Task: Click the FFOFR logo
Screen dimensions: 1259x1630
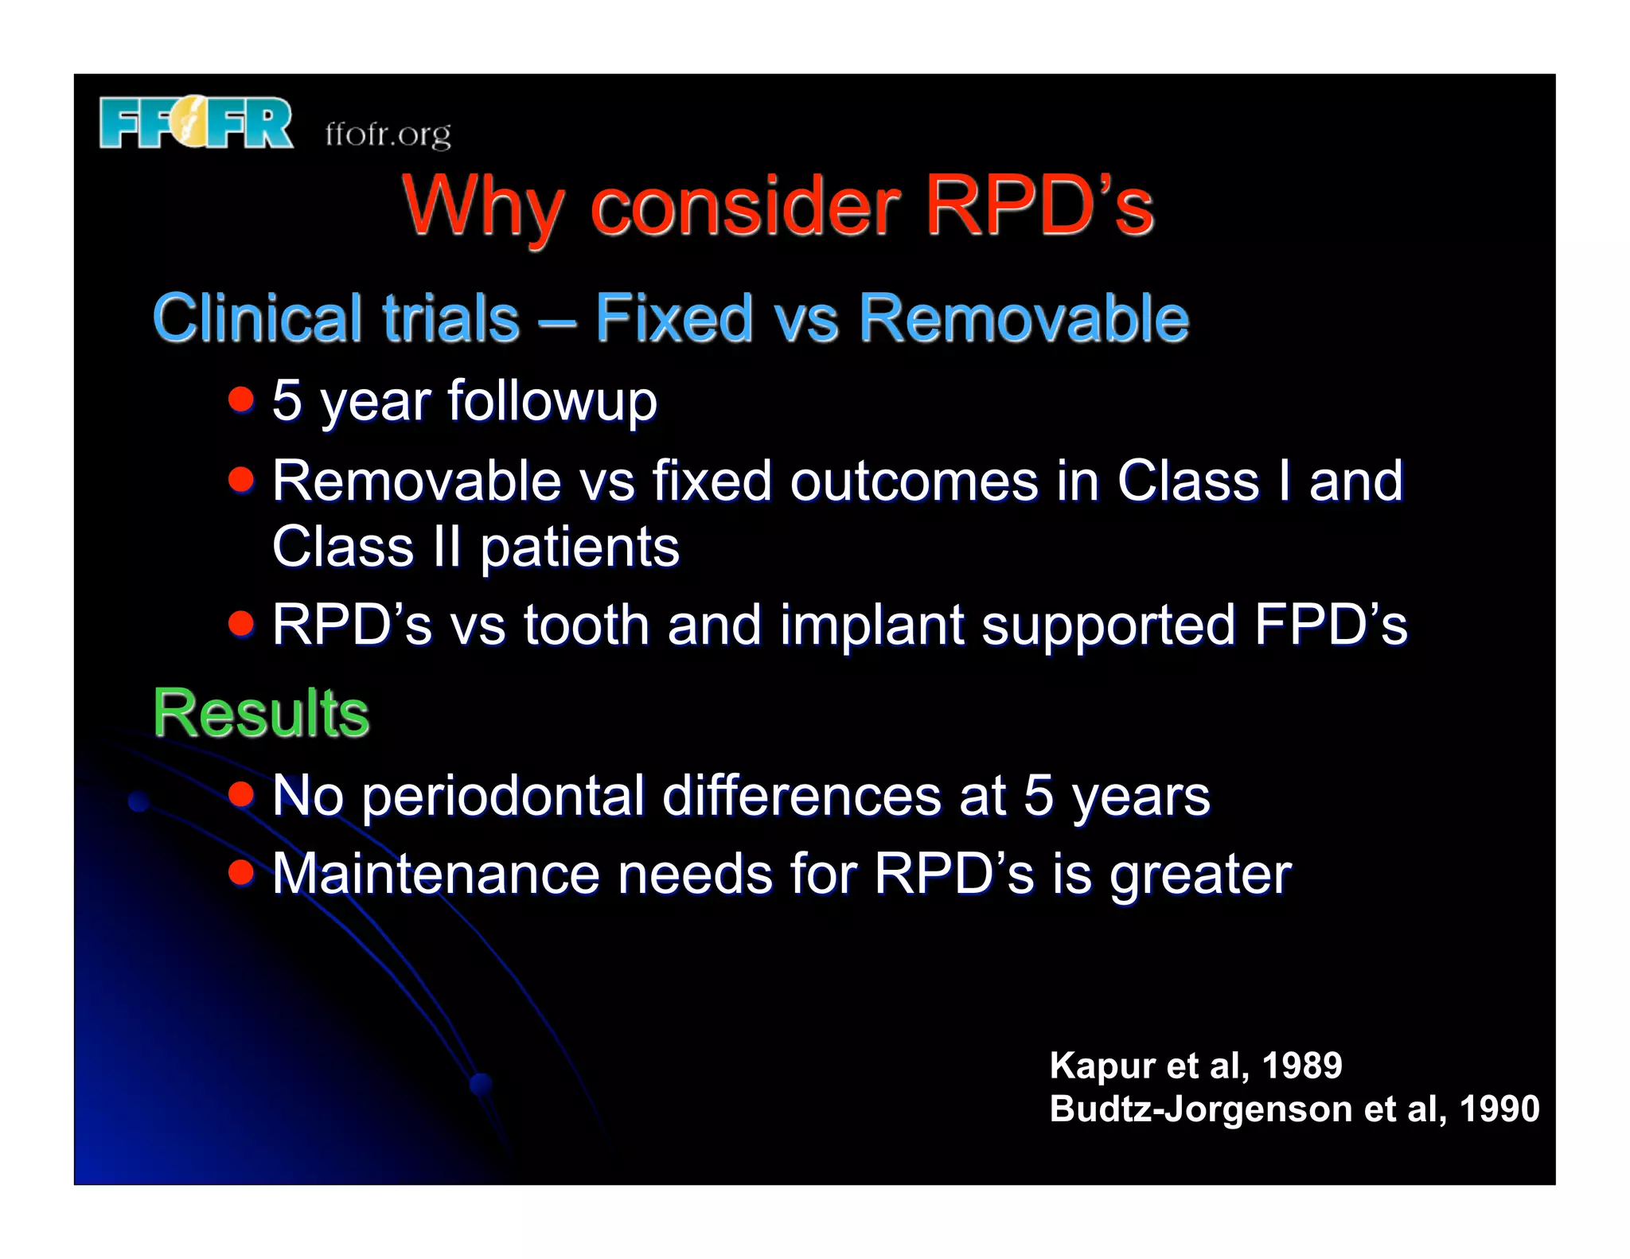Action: coord(196,123)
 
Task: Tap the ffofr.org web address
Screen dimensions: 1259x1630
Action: coord(388,134)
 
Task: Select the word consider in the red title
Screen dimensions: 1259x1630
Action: coord(745,206)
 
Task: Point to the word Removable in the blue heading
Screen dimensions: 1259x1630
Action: coord(1024,318)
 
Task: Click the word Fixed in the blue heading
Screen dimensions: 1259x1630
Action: coord(673,318)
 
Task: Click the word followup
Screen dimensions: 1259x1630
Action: coord(552,401)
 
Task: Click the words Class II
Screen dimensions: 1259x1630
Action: coord(367,548)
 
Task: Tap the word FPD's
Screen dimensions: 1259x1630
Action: coord(1330,626)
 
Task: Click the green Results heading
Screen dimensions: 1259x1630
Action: coord(261,713)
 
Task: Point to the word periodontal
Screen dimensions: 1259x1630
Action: coord(503,796)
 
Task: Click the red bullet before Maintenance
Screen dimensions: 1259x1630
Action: coord(240,872)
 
